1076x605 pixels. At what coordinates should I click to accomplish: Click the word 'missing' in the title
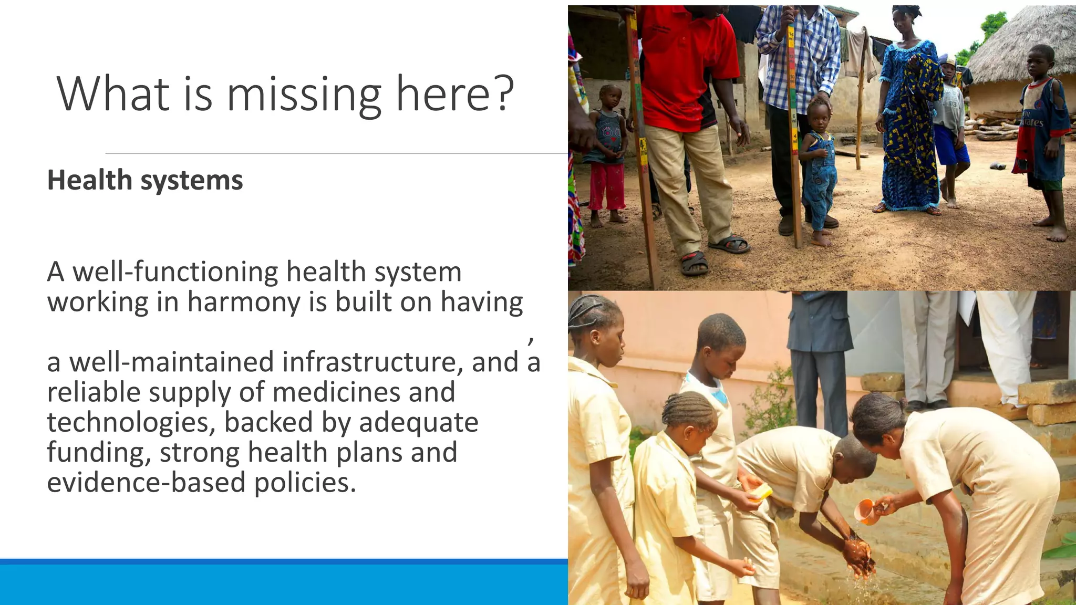(x=303, y=95)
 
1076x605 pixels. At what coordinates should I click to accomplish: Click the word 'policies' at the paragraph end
(x=305, y=482)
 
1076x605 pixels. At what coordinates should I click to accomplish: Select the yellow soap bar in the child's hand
(x=761, y=493)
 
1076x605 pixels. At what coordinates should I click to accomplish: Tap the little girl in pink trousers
(x=607, y=158)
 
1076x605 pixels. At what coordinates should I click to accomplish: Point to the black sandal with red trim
(x=694, y=263)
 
